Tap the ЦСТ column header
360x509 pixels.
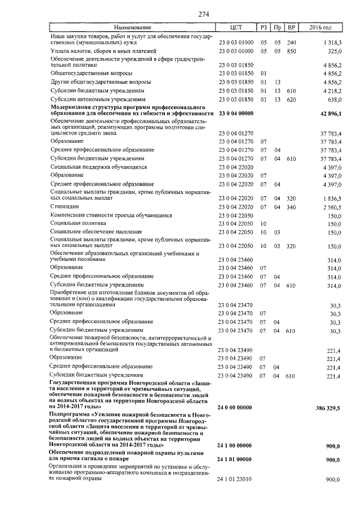236,27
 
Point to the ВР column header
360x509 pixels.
291,27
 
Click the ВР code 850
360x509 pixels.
291,51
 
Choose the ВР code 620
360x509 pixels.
291,99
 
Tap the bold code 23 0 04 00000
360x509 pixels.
236,113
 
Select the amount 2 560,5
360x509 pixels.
331,206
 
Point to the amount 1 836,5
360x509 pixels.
331,198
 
